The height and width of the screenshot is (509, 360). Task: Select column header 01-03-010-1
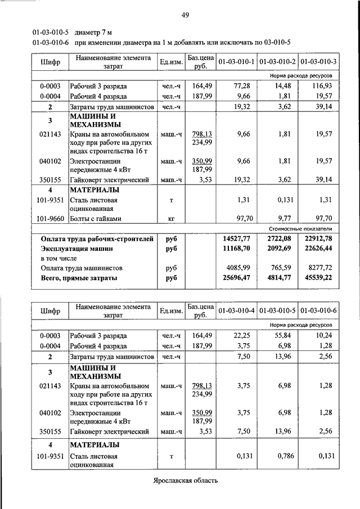click(x=236, y=61)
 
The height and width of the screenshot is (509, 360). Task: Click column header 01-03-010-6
click(x=318, y=310)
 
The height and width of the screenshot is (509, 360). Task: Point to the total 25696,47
click(x=237, y=278)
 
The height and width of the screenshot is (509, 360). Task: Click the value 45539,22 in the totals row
click(x=321, y=278)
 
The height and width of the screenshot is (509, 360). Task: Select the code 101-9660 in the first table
click(x=49, y=218)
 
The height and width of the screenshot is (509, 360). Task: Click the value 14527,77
click(x=237, y=239)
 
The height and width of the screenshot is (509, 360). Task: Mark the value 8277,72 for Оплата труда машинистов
click(x=322, y=268)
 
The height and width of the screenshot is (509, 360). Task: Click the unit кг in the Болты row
click(x=171, y=218)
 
